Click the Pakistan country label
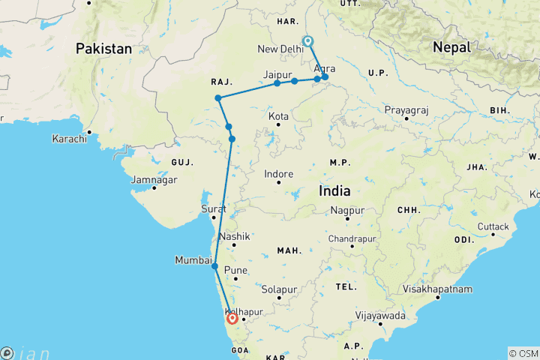click(x=103, y=49)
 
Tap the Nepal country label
click(x=451, y=47)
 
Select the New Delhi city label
click(x=280, y=49)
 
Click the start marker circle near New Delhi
click(x=307, y=41)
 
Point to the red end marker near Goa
click(x=232, y=318)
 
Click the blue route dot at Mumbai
click(x=215, y=266)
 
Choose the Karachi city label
click(x=69, y=139)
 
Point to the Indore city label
click(x=279, y=174)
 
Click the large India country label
click(x=334, y=191)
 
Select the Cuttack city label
click(x=493, y=226)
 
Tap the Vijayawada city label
click(x=382, y=316)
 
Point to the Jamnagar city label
click(x=154, y=180)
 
